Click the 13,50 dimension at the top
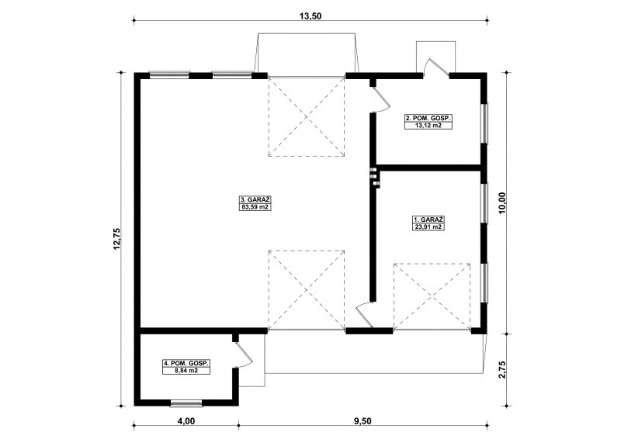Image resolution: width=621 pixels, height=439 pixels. click(x=310, y=16)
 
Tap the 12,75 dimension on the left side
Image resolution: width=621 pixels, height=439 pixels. click(x=116, y=239)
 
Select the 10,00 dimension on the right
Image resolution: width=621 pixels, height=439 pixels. click(x=502, y=203)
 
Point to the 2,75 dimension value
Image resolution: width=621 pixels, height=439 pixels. click(x=502, y=369)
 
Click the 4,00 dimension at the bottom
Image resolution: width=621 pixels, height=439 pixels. click(x=186, y=421)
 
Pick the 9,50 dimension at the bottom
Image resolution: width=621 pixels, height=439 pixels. click(x=363, y=421)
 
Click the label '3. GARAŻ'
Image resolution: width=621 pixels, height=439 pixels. click(x=255, y=199)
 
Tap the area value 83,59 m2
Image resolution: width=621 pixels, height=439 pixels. click(x=255, y=206)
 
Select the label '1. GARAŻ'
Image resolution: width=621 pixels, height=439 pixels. click(x=428, y=219)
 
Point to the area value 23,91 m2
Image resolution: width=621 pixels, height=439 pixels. click(x=428, y=226)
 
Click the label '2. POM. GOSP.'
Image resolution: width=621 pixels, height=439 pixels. click(x=428, y=119)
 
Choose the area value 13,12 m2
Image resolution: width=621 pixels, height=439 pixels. click(x=428, y=126)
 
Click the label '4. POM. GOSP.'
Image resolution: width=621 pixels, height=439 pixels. click(x=186, y=364)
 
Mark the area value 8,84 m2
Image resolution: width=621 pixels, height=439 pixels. click(x=186, y=371)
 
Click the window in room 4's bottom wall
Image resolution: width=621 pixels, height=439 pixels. click(x=186, y=403)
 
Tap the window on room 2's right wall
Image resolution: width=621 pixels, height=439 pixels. click(x=484, y=123)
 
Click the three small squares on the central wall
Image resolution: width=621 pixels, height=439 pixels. click(x=375, y=176)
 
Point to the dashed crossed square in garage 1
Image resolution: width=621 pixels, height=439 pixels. click(x=432, y=296)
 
